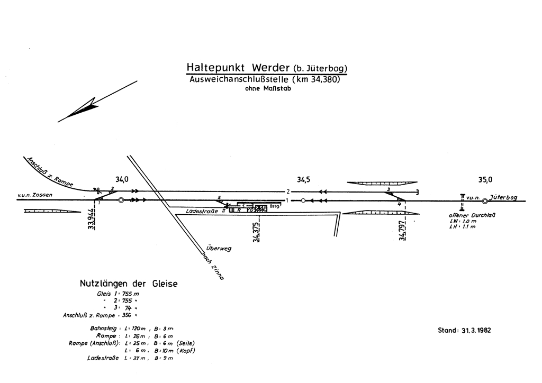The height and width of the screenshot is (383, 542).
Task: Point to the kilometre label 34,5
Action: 303,180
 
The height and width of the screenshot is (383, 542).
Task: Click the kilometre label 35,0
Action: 485,180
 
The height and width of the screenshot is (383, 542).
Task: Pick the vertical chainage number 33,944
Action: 92,219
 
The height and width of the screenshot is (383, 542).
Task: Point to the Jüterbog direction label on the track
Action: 503,197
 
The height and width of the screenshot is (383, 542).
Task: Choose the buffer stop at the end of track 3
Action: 418,191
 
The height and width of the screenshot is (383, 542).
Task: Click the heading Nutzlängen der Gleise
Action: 129,284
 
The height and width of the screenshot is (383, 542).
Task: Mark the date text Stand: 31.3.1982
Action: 464,331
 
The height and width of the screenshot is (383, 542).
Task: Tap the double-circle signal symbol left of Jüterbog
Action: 485,200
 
